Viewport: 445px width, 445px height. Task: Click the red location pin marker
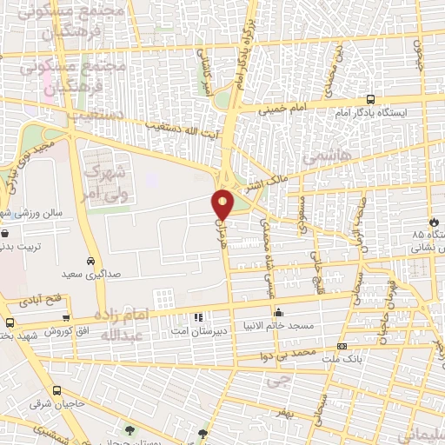point(223,204)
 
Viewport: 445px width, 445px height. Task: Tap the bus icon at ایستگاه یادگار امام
point(371,99)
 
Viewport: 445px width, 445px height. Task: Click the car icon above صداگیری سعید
point(91,261)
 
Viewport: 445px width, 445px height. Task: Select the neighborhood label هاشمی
point(322,157)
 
